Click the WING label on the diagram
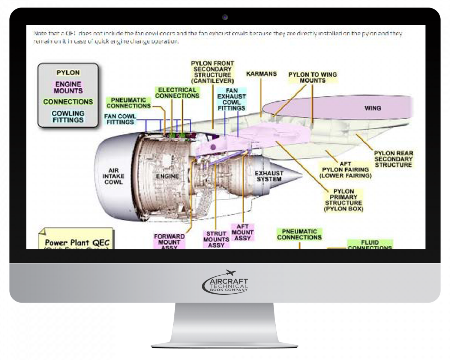(x=372, y=108)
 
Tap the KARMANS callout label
(x=261, y=74)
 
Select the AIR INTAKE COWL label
(x=114, y=176)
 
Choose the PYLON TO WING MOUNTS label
(x=312, y=77)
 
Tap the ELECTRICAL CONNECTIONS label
(x=177, y=93)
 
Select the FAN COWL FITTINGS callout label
(x=120, y=119)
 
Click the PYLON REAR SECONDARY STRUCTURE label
(x=393, y=159)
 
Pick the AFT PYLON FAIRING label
(x=345, y=169)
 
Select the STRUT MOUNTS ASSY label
(x=216, y=239)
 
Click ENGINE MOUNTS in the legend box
(x=68, y=87)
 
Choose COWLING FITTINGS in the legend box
(x=68, y=116)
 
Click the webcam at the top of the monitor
(x=225, y=17)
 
